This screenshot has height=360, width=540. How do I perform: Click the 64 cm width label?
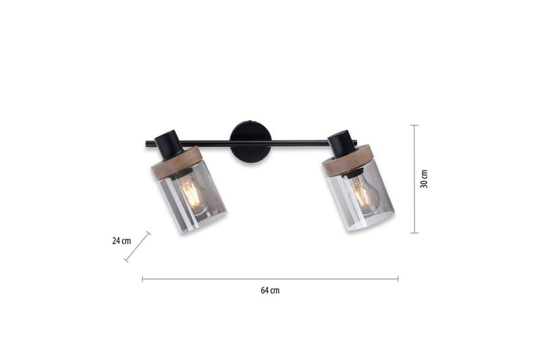(x=270, y=290)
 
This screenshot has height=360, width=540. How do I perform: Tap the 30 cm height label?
(x=424, y=179)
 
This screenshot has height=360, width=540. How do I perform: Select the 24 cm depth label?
(x=122, y=240)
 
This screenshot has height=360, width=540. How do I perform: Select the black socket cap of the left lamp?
(x=169, y=143)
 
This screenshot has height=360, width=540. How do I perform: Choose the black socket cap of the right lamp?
(x=342, y=144)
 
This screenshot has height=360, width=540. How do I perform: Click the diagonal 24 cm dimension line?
(x=137, y=247)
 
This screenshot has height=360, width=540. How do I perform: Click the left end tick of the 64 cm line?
(x=142, y=278)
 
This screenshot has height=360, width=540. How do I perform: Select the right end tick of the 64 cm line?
(x=398, y=278)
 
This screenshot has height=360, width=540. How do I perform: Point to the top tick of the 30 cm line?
(x=414, y=126)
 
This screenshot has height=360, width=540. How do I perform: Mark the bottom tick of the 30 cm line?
(x=414, y=232)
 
